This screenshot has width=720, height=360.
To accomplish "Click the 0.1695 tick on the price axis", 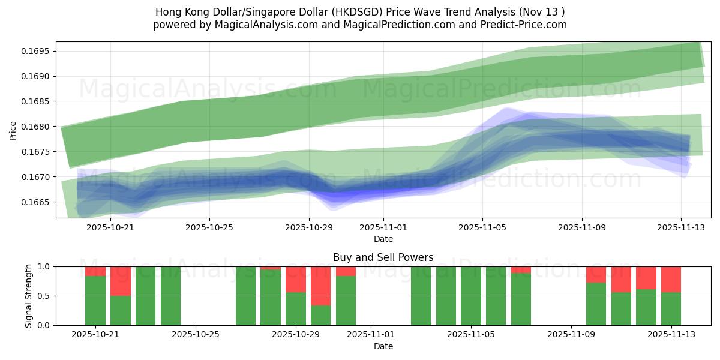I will pos(38,51).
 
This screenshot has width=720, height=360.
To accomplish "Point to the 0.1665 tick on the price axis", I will pos(38,202).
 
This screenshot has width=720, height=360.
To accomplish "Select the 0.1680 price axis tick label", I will pos(38,127).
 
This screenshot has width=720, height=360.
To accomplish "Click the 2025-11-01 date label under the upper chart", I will pos(383,227).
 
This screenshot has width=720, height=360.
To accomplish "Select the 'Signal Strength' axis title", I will pos(29,296).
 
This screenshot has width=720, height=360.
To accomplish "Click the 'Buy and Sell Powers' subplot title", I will pos(383,257).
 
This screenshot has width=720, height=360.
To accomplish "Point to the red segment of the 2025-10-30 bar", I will pos(320,286).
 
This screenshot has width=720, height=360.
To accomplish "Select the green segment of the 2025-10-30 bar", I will pos(320,315).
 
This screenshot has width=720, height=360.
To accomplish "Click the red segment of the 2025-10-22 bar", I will pos(121,281).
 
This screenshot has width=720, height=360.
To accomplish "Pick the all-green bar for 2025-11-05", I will pos(471,296).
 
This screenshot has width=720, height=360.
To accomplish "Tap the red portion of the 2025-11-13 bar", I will pos(671,279).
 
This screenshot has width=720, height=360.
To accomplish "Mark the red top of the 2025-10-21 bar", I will pos(95,271).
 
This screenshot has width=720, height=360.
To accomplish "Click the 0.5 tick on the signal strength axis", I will pos(45,296).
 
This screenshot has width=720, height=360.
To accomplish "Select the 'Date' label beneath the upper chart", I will pos(383,239).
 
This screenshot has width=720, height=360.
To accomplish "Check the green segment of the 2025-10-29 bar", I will pos(296,308).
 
